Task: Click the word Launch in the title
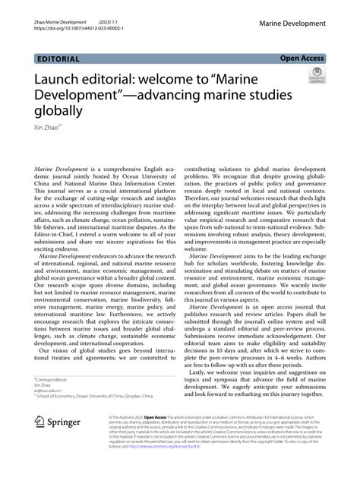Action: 60,78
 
